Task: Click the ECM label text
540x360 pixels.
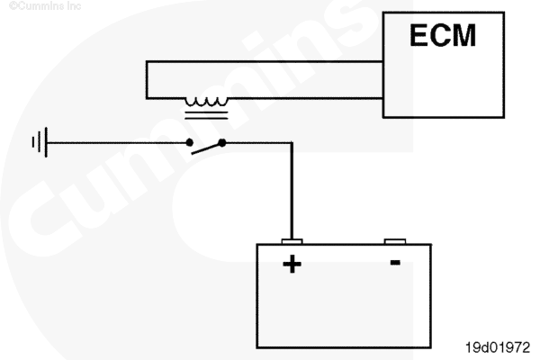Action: pyautogui.click(x=443, y=35)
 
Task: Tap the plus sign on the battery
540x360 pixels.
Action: pyautogui.click(x=292, y=264)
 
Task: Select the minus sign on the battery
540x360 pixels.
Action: pyautogui.click(x=395, y=263)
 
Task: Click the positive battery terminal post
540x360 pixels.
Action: pyautogui.click(x=292, y=241)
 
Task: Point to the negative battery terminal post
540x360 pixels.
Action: pyautogui.click(x=395, y=241)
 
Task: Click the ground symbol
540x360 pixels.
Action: pyautogui.click(x=40, y=142)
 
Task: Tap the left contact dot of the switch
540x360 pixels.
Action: pyautogui.click(x=189, y=142)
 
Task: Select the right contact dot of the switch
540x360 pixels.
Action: pyautogui.click(x=222, y=142)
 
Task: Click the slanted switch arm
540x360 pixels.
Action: pyautogui.click(x=207, y=148)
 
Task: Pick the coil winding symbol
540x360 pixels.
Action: pyautogui.click(x=207, y=102)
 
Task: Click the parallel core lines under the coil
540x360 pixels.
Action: pyautogui.click(x=206, y=115)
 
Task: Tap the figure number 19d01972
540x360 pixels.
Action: pyautogui.click(x=498, y=347)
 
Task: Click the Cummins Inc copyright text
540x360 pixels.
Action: pyautogui.click(x=45, y=6)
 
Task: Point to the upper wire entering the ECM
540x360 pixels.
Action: pyautogui.click(x=265, y=62)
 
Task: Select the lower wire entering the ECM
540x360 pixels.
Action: pyautogui.click(x=305, y=98)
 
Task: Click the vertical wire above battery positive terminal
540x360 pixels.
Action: pyautogui.click(x=292, y=191)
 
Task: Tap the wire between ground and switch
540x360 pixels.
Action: pyautogui.click(x=117, y=142)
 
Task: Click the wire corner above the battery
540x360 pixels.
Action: pyautogui.click(x=292, y=142)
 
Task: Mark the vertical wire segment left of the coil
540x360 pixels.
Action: pyautogui.click(x=147, y=80)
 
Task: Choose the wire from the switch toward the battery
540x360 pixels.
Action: pyautogui.click(x=258, y=142)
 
